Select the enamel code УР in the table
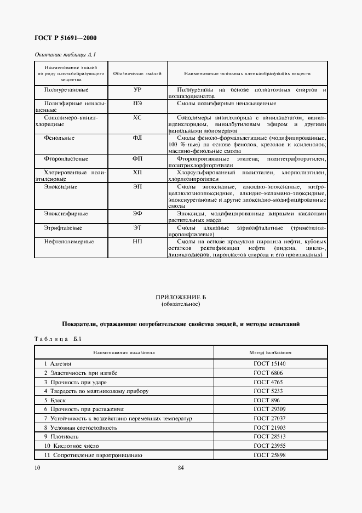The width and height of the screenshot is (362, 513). click(x=137, y=89)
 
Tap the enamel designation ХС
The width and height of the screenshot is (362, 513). click(x=137, y=117)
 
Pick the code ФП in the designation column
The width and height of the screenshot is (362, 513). click(x=137, y=159)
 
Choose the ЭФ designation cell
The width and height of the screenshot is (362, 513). click(x=137, y=214)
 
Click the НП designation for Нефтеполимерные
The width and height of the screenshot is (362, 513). click(x=137, y=241)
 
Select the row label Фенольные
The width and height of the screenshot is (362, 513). click(x=59, y=138)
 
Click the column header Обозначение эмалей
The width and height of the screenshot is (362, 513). click(x=137, y=73)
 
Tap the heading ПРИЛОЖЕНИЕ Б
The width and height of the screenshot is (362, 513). click(x=181, y=298)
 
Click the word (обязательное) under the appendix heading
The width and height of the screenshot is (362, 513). click(x=181, y=304)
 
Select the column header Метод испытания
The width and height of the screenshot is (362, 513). click(x=271, y=353)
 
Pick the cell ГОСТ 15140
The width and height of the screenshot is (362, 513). click(x=271, y=363)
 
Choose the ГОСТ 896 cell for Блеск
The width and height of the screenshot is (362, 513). click(x=271, y=400)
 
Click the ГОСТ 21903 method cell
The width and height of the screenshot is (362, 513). click(x=271, y=428)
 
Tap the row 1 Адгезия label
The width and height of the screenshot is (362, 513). click(x=58, y=363)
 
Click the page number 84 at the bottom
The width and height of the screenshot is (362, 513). click(x=181, y=468)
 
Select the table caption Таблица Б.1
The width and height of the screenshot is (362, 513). click(x=58, y=339)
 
